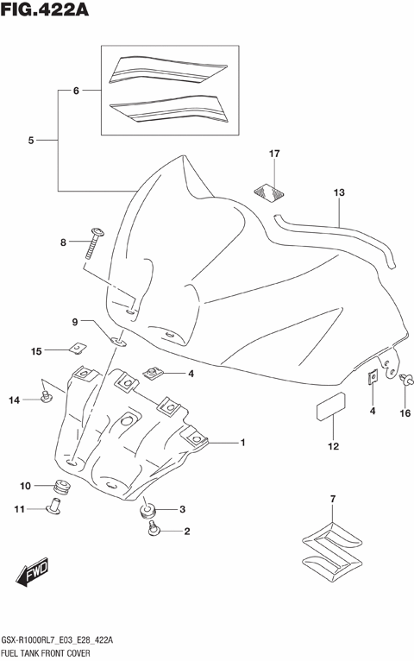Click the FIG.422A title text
click(x=48, y=12)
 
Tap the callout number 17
click(x=273, y=154)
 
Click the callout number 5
click(x=30, y=140)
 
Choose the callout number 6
click(x=75, y=91)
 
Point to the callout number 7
click(x=332, y=500)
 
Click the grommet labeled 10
click(x=62, y=485)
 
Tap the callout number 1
click(x=243, y=443)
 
